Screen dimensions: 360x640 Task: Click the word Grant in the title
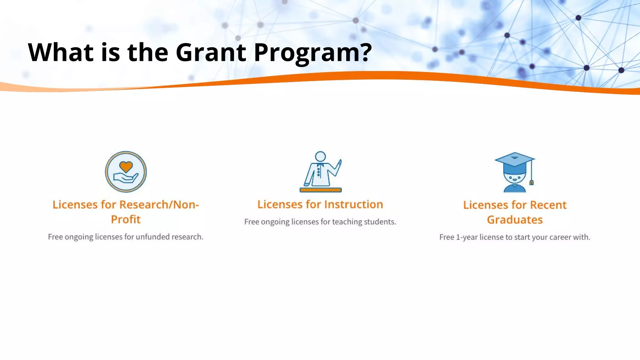point(211,52)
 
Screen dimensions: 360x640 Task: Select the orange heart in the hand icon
point(126,167)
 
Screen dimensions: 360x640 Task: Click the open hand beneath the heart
point(125,178)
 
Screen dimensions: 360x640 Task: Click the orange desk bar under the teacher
point(321,190)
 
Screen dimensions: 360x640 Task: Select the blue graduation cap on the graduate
point(514,160)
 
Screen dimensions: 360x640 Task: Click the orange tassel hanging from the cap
point(531,182)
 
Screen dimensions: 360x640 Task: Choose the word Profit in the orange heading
point(126,219)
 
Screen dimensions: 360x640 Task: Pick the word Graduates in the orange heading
point(515,220)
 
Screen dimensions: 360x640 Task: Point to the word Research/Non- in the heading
point(159,204)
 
